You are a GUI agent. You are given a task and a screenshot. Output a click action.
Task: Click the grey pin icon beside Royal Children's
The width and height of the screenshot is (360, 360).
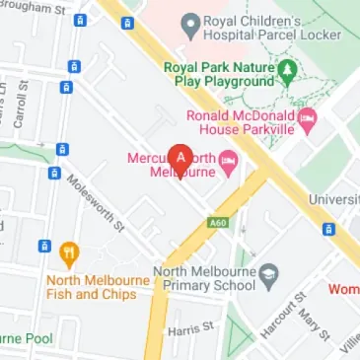188,22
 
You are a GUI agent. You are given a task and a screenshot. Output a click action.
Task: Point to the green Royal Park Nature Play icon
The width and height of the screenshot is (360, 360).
287,70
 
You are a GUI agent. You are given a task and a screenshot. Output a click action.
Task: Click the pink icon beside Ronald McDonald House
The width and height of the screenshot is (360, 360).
306,121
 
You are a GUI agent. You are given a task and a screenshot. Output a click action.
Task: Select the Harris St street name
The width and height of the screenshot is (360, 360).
190,329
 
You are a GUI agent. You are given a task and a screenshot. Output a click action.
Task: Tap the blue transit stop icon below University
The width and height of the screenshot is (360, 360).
328,229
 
